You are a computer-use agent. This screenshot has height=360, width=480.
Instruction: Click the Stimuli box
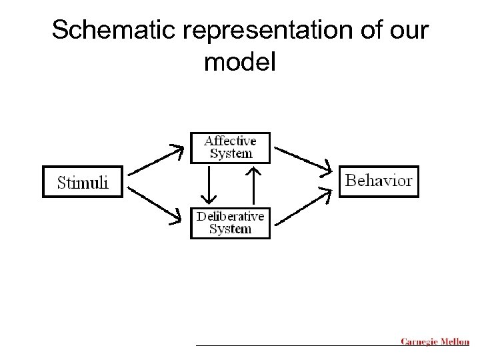tap(83, 181)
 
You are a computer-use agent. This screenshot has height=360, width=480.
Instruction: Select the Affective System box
tap(230, 147)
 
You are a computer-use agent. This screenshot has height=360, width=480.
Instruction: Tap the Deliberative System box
tap(230, 223)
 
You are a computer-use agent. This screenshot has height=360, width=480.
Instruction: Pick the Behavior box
tap(379, 181)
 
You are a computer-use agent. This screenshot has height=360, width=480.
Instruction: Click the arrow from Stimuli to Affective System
tap(155, 159)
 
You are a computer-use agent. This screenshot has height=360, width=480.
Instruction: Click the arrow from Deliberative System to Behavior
tap(303, 205)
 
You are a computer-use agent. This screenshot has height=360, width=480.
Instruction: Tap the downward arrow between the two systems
tap(209, 185)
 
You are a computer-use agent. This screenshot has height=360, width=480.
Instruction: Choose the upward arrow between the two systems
tap(253, 185)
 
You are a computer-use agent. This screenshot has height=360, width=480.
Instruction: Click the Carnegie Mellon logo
tap(435, 342)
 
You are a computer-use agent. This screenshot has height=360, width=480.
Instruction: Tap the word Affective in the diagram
tap(230, 141)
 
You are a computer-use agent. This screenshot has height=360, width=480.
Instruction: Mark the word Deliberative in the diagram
tap(230, 216)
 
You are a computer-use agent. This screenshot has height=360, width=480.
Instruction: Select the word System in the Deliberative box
tap(230, 229)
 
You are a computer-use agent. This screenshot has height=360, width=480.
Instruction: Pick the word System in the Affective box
tap(231, 154)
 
